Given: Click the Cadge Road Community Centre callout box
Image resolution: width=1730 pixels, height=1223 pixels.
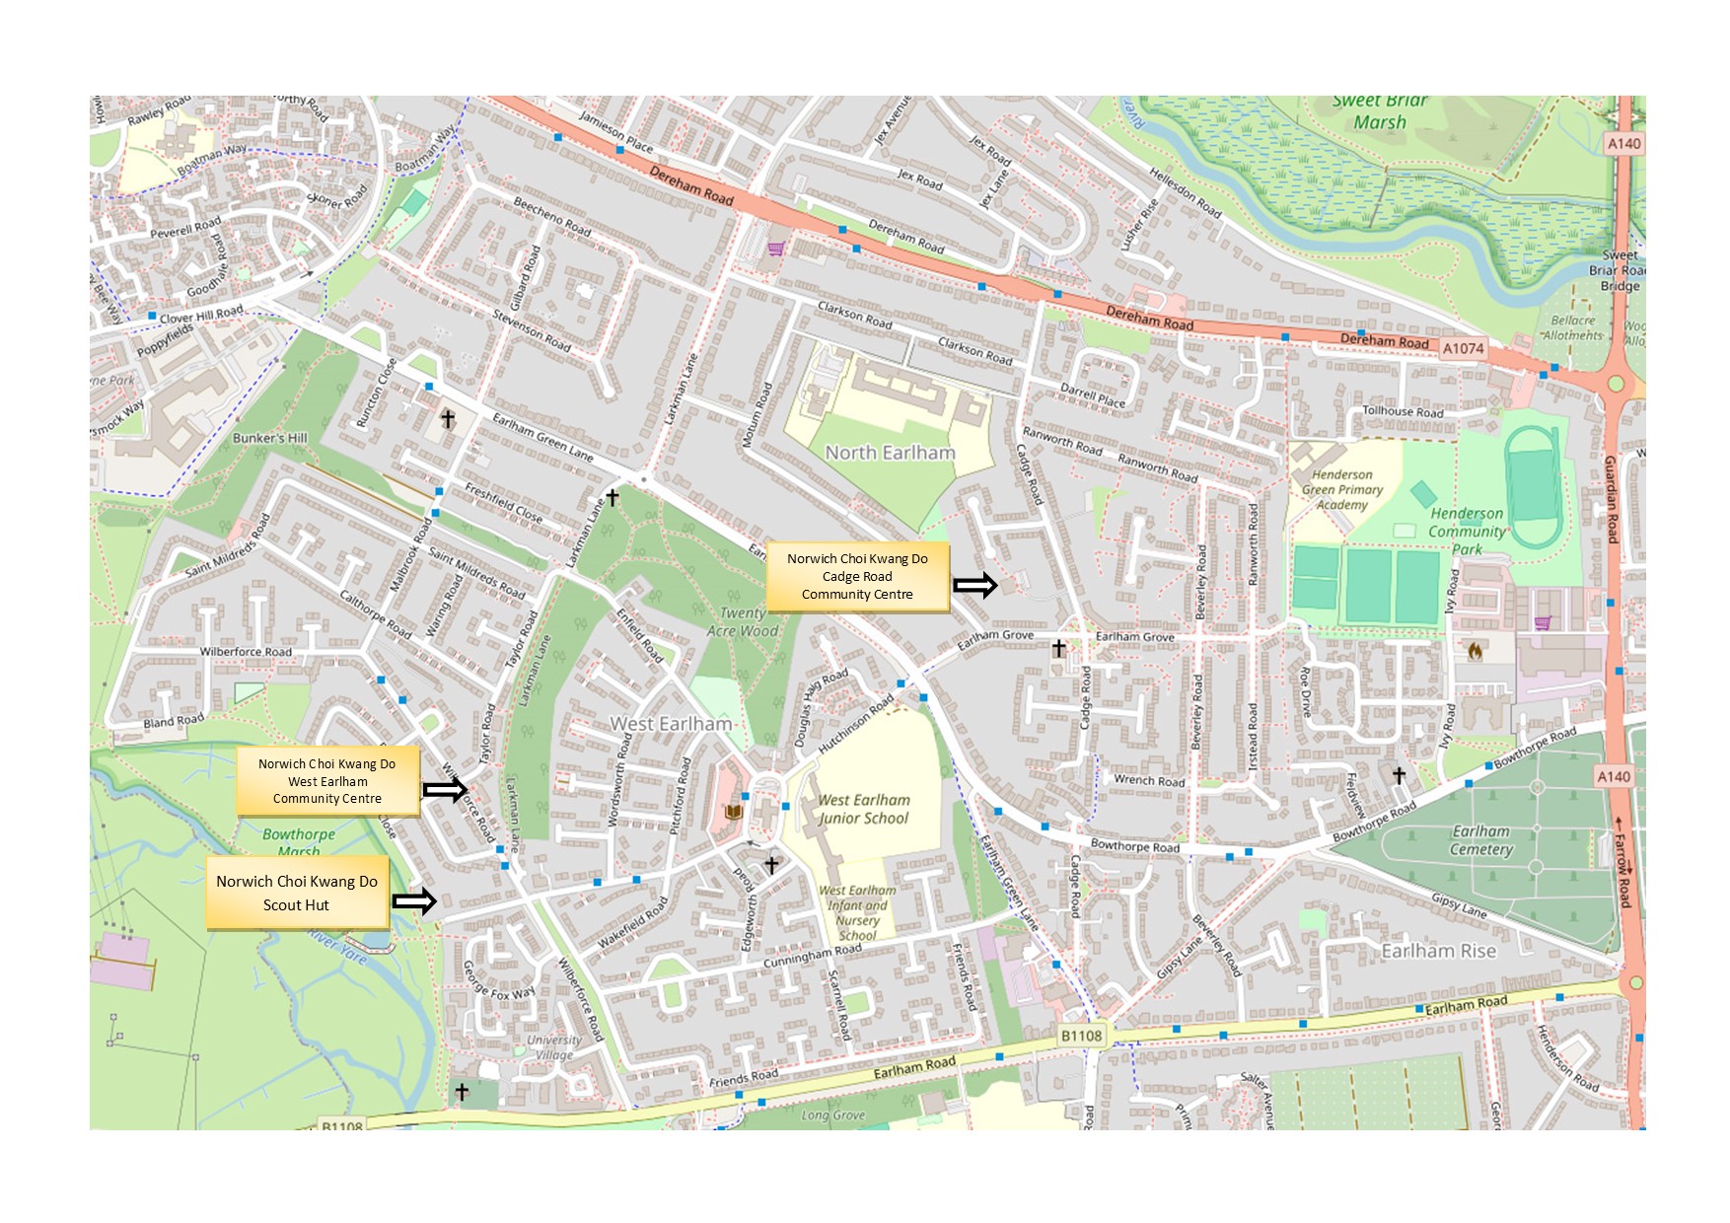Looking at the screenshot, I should tap(857, 577).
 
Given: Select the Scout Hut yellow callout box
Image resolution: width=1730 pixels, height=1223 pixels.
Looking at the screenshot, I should tap(297, 894).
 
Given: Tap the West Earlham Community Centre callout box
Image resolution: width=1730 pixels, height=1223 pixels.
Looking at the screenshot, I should tap(327, 781).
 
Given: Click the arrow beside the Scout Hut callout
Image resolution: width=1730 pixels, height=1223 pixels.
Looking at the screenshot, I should tap(414, 900).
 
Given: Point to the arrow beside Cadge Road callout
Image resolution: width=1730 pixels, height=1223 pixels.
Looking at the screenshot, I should tap(975, 585).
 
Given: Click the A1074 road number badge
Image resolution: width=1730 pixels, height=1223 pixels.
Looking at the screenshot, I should tap(1463, 348).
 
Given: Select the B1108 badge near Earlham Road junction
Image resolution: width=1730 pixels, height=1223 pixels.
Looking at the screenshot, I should tap(1081, 1036).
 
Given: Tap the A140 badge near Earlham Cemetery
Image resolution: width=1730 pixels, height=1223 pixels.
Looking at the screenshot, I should tap(1614, 777).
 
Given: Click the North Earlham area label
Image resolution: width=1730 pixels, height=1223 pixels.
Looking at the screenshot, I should tap(890, 453).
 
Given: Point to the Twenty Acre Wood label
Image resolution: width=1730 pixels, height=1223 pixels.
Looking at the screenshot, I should tap(743, 621).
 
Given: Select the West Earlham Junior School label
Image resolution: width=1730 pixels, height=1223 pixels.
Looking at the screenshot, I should tap(863, 809).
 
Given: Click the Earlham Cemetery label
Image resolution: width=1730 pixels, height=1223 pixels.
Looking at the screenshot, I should tap(1480, 840).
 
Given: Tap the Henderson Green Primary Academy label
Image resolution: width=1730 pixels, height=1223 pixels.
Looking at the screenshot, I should tap(1341, 489).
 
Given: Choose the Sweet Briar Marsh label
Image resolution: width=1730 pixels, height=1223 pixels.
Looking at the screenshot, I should tap(1379, 111).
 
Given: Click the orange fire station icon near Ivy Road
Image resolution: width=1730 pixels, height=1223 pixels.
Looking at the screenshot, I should tap(1476, 651).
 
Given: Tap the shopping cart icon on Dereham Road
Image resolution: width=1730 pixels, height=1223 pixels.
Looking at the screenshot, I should tap(775, 249).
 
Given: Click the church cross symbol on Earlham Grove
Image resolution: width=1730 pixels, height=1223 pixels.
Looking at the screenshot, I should tap(1058, 648).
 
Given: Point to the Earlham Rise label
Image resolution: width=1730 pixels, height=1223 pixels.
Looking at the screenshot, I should tap(1438, 951).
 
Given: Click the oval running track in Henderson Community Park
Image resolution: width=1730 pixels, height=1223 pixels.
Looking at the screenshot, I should tap(1533, 486).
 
